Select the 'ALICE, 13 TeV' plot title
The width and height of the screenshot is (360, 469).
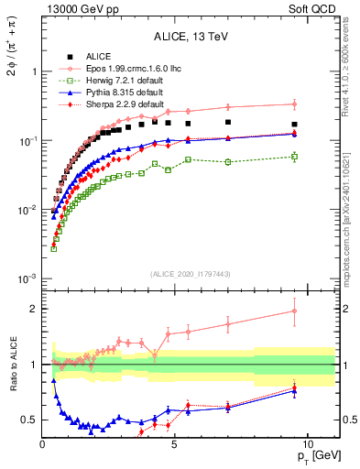click(191, 37)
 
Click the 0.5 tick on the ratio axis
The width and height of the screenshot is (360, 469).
click(30, 420)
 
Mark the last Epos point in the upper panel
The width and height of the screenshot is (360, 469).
click(294, 104)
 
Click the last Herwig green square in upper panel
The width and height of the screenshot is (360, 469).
click(294, 157)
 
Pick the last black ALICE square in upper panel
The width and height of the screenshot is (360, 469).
click(294, 124)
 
